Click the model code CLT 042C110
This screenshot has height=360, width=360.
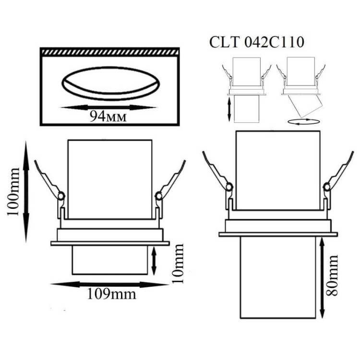tap(257, 42)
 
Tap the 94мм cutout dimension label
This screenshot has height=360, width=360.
tap(108, 116)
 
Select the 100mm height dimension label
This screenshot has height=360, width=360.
tap(13, 192)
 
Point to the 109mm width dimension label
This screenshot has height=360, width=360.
tap(111, 294)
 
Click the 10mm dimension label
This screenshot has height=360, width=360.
tap(178, 264)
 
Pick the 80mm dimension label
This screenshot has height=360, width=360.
tap(332, 275)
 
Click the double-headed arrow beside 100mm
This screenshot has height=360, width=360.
tap(26, 192)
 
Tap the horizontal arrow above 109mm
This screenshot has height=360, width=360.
tap(110, 285)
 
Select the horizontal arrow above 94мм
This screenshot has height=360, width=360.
tap(108, 108)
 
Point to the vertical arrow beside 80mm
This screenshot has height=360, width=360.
tap(322, 278)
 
